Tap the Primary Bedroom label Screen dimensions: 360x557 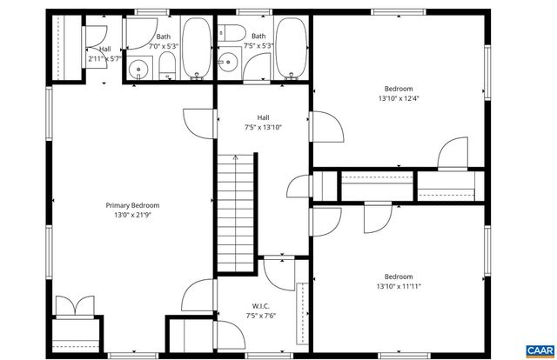tap(132, 205)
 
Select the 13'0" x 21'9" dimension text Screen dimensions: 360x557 tap(132, 215)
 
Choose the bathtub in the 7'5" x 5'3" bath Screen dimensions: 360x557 tap(292, 49)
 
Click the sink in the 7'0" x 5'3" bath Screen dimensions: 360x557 tap(138, 70)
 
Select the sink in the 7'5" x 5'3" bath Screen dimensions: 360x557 tap(228, 61)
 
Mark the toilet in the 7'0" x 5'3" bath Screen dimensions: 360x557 tap(167, 66)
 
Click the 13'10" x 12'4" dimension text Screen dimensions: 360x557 tap(399, 98)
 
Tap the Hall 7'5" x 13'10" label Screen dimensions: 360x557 tap(263, 122)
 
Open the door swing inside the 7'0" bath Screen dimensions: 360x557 tap(138, 33)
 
